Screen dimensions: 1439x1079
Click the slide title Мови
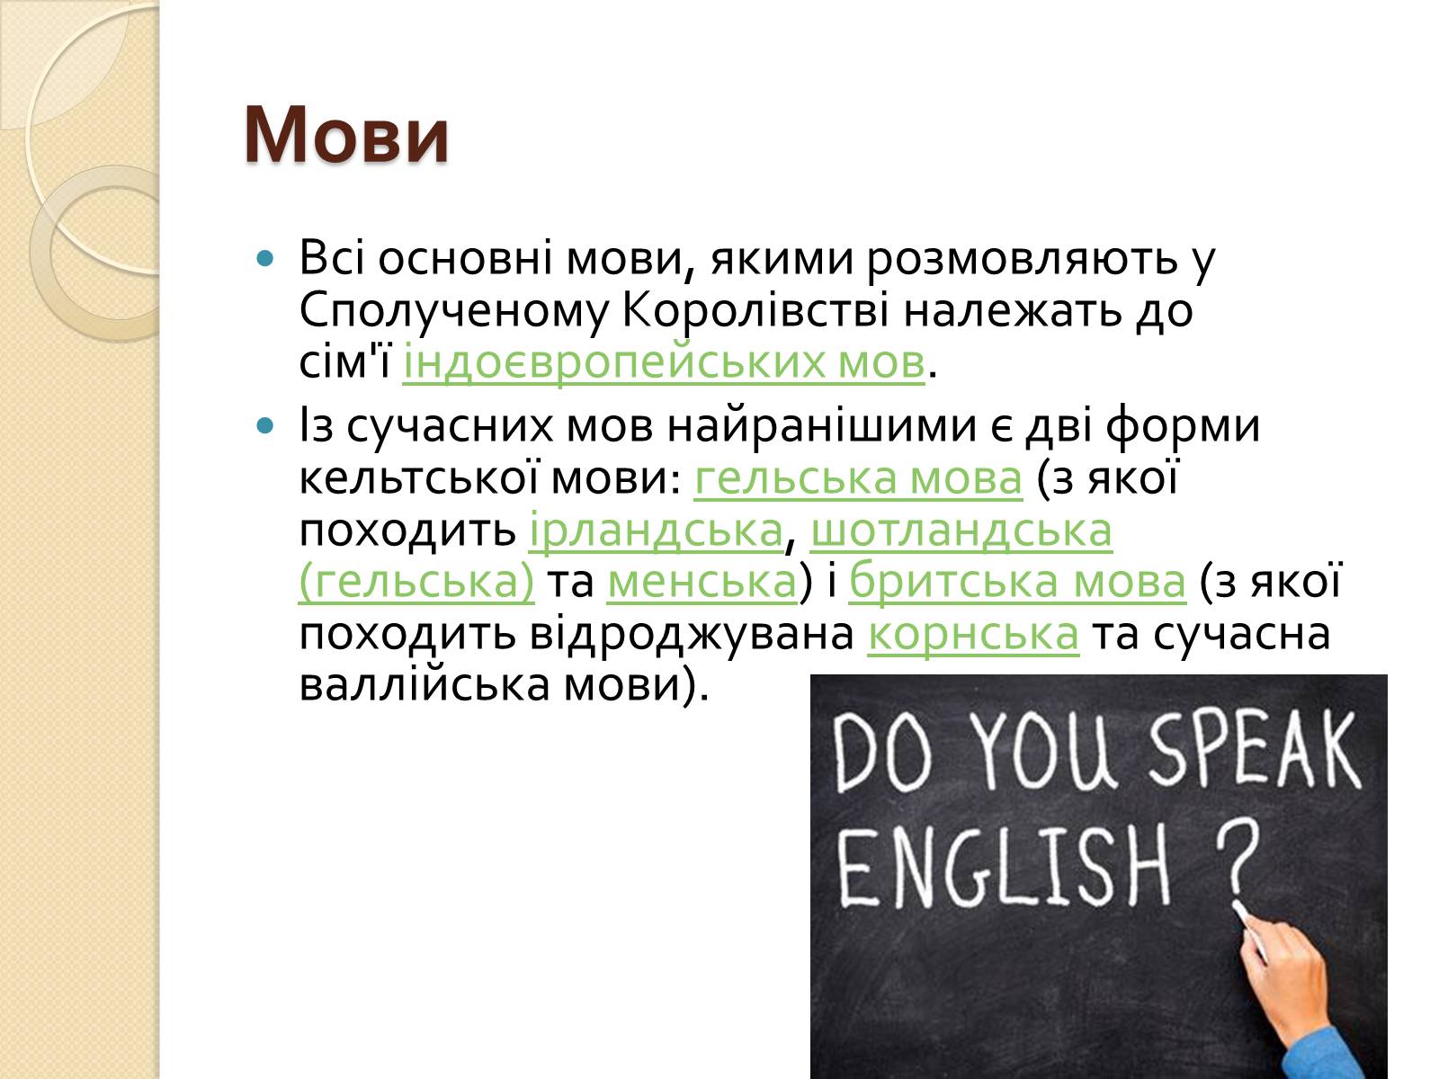346,135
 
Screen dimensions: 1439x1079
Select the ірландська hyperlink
657,530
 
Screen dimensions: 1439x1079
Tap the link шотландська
961,530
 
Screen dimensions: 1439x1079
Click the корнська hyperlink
973,634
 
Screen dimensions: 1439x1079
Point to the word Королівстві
755,310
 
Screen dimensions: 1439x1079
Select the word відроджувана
692,634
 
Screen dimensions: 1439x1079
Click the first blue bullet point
264,258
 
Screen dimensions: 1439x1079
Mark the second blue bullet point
264,426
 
